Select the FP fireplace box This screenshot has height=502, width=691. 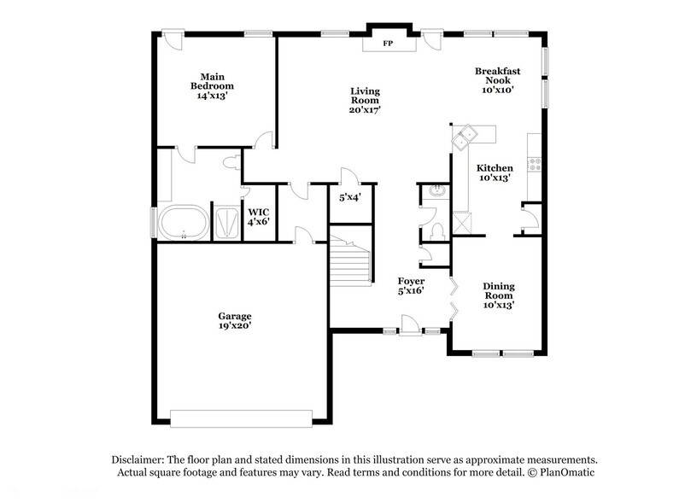[387, 43]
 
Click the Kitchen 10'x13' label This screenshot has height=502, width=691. [494, 173]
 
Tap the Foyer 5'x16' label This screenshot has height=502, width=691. [411, 285]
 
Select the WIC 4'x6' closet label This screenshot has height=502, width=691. [258, 217]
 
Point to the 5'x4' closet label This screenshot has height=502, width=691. [349, 197]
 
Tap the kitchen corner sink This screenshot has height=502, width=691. [466, 133]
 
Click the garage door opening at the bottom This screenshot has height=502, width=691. [242, 417]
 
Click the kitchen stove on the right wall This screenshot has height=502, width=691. [535, 163]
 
